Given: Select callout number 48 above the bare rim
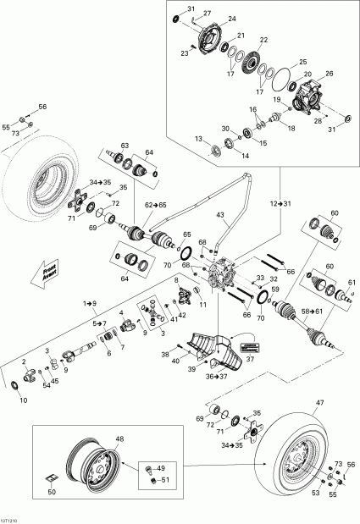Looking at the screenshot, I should pyautogui.click(x=119, y=439).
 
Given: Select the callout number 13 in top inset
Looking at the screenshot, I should pyautogui.click(x=197, y=139).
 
